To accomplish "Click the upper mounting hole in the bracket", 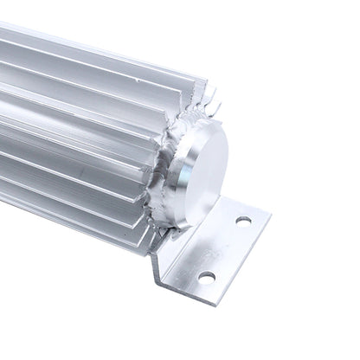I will [x=243, y=221].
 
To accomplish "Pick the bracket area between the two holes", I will [x=225, y=248].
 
